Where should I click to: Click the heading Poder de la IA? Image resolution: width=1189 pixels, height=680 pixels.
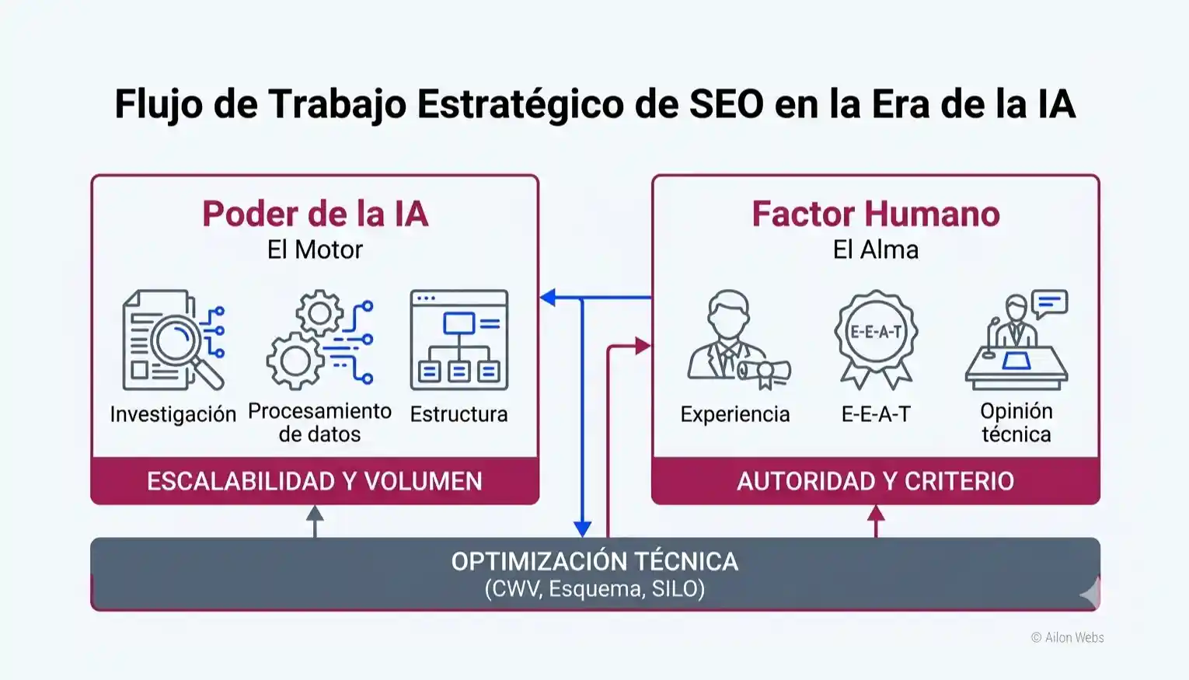[x=315, y=214]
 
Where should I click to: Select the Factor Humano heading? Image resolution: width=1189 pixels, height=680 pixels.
[x=875, y=214]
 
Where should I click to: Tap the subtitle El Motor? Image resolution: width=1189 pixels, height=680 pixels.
[x=315, y=249]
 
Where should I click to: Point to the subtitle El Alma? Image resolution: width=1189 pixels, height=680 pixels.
[x=875, y=249]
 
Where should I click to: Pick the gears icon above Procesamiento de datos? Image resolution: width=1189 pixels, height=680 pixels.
[x=319, y=340]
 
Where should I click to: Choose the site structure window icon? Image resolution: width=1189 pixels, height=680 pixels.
[x=459, y=340]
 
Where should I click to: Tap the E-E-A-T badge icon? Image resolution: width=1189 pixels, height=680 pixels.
[x=876, y=339]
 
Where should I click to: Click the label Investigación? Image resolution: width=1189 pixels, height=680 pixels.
[x=173, y=414]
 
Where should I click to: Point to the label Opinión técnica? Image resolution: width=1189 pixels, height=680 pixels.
[x=1016, y=422]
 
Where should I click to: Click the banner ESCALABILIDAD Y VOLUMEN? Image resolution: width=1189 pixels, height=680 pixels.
[x=315, y=481]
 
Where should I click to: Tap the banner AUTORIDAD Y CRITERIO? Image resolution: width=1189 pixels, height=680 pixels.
[x=875, y=481]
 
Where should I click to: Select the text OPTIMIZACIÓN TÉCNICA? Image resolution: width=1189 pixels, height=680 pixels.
[x=594, y=561]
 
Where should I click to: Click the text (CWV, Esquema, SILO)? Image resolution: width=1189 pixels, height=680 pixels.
[x=594, y=588]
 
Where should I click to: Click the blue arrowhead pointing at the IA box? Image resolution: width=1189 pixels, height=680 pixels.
[x=548, y=297]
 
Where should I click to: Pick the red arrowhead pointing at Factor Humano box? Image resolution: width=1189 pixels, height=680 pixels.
[x=643, y=346]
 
